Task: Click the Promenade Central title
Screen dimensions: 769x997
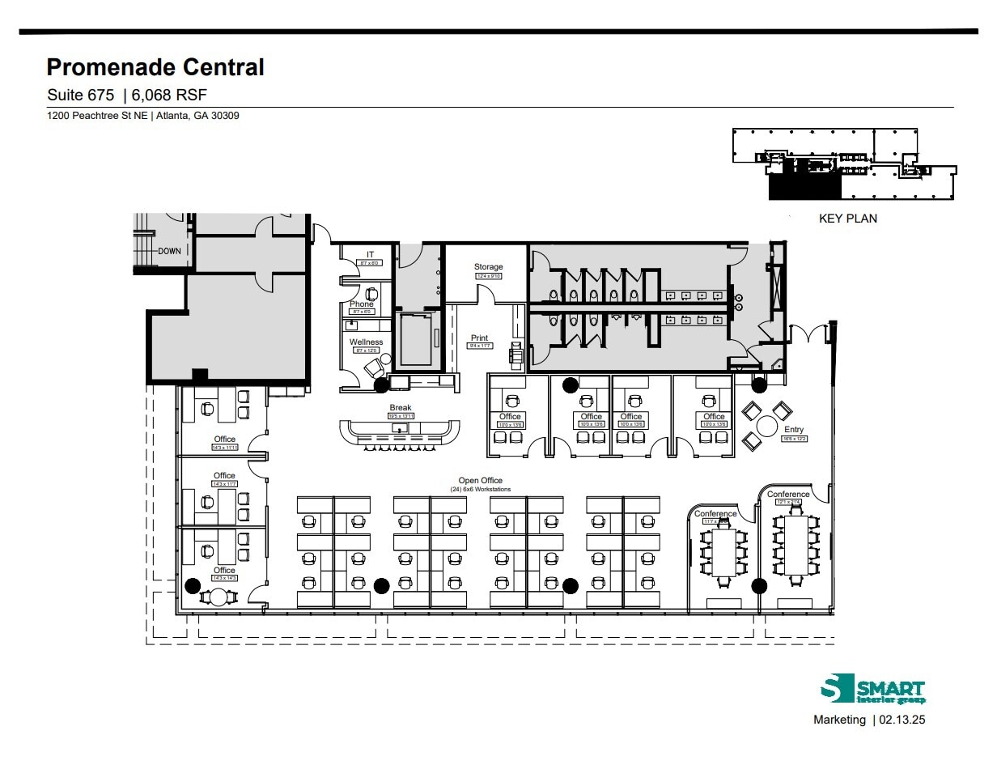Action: pyautogui.click(x=155, y=67)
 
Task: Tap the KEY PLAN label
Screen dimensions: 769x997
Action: pyautogui.click(x=847, y=219)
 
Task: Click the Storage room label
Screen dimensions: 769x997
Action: pyautogui.click(x=488, y=266)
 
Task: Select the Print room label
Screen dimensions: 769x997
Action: pyautogui.click(x=480, y=338)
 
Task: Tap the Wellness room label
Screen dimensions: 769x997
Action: pyautogui.click(x=366, y=342)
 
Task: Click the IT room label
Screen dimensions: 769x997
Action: pyautogui.click(x=370, y=254)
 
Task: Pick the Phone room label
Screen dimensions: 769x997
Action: pyautogui.click(x=362, y=304)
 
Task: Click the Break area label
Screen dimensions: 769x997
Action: pyautogui.click(x=401, y=408)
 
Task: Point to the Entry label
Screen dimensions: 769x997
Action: pyautogui.click(x=794, y=430)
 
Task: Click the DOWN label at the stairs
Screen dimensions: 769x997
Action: pyautogui.click(x=170, y=251)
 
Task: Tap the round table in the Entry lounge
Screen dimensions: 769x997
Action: pyautogui.click(x=766, y=426)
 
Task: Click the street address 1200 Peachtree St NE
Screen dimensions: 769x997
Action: pyautogui.click(x=97, y=116)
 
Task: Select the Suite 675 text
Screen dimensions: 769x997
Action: pyautogui.click(x=80, y=95)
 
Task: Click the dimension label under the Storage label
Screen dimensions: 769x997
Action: pyautogui.click(x=488, y=276)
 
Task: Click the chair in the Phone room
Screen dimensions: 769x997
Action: pyautogui.click(x=372, y=294)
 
